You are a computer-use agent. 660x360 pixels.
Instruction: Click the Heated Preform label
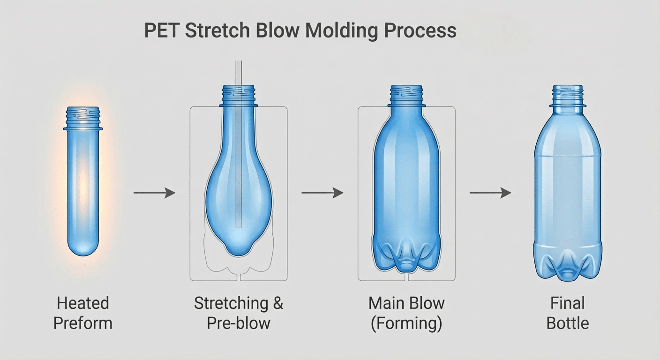tap(82, 313)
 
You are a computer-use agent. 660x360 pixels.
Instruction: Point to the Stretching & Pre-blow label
tap(239, 313)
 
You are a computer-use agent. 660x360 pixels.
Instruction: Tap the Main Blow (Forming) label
tap(406, 313)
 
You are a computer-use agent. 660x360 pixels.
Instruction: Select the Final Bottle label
tap(568, 313)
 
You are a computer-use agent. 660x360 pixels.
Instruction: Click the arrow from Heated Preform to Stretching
tap(154, 193)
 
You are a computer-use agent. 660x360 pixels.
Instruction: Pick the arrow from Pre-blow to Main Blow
tap(322, 193)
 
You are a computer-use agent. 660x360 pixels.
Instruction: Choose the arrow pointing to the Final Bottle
tap(490, 193)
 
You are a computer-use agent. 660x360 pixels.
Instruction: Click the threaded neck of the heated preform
tap(82, 118)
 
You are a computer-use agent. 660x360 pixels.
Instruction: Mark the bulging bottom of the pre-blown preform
tap(238, 244)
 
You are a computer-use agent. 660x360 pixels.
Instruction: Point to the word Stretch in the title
tap(216, 31)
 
